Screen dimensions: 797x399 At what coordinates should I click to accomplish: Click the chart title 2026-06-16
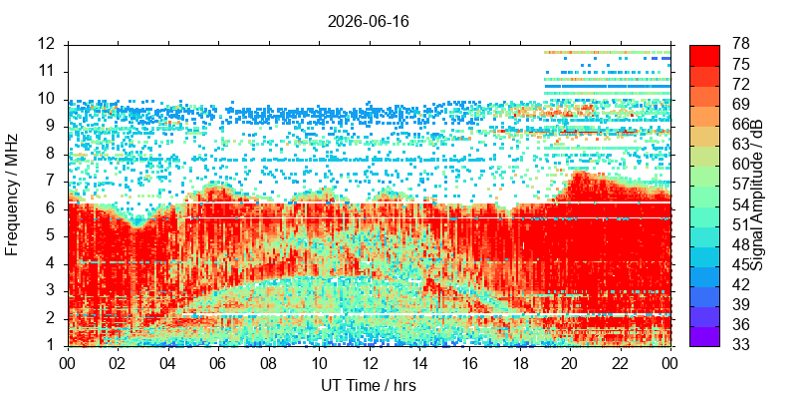point(368,22)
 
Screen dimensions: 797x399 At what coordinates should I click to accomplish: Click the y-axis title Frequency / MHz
point(11,195)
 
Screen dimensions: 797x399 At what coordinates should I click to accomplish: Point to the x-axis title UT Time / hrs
point(369,385)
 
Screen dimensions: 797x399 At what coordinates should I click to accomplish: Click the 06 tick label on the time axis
point(218,363)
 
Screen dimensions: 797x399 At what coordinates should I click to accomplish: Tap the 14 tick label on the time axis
point(419,363)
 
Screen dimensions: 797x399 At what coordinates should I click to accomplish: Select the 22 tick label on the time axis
point(621,363)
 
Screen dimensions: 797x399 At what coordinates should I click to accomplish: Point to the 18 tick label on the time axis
point(520,363)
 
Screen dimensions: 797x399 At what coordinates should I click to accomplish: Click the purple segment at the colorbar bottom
point(704,336)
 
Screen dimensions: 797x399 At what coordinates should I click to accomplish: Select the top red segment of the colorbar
point(704,56)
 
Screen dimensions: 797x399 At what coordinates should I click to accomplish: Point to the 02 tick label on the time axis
point(118,363)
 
